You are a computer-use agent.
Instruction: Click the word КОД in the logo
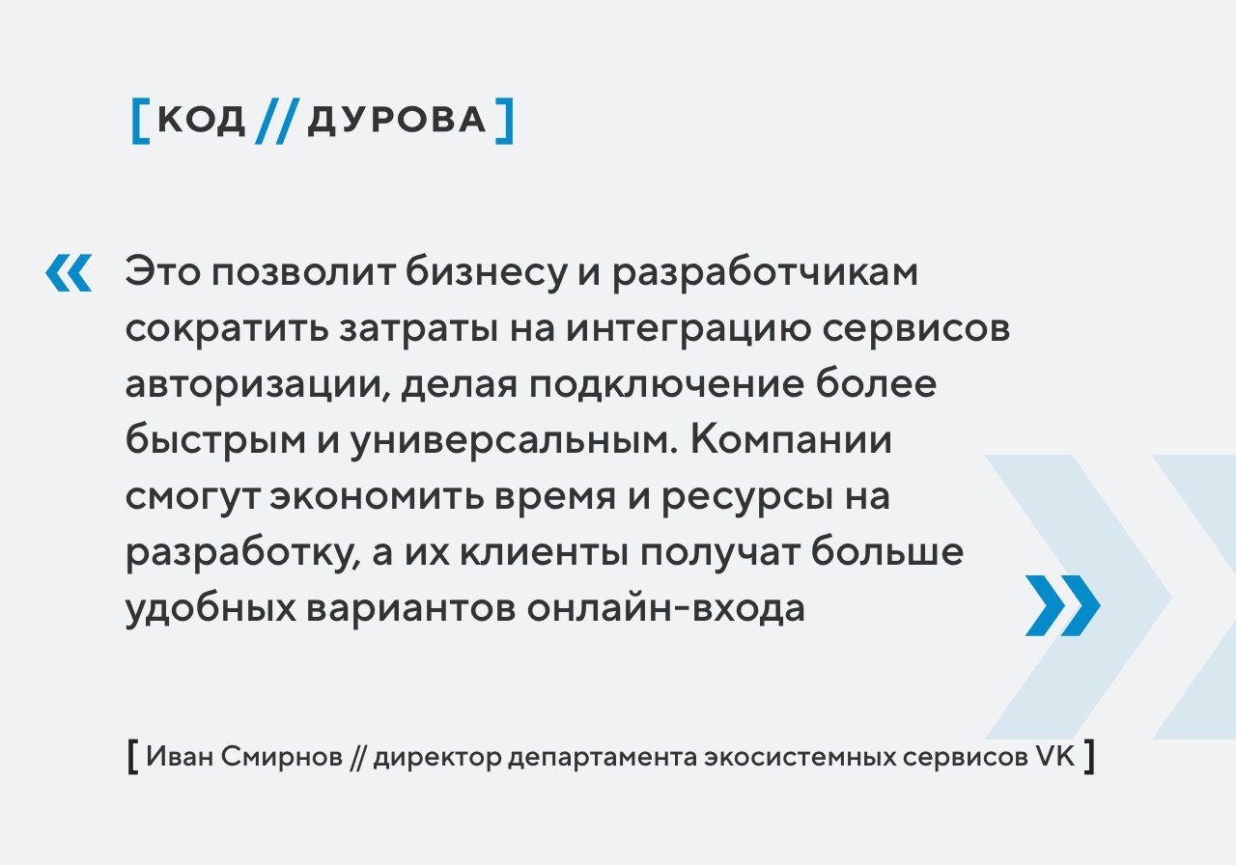(202, 120)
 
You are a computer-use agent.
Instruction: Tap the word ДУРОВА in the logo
(397, 120)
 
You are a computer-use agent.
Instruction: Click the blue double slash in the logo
(277, 121)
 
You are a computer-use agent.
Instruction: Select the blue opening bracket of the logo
(140, 121)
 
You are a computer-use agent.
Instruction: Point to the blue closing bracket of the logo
(505, 121)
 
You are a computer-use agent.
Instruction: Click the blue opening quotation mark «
(69, 272)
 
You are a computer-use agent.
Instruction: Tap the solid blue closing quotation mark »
(1063, 605)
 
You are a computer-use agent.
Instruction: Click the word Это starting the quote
(163, 272)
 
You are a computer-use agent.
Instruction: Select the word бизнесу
(487, 272)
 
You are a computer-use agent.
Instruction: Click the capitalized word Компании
(791, 440)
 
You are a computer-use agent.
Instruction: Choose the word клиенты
(545, 552)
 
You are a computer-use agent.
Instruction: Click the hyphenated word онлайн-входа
(665, 609)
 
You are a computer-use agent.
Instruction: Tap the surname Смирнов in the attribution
(282, 756)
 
